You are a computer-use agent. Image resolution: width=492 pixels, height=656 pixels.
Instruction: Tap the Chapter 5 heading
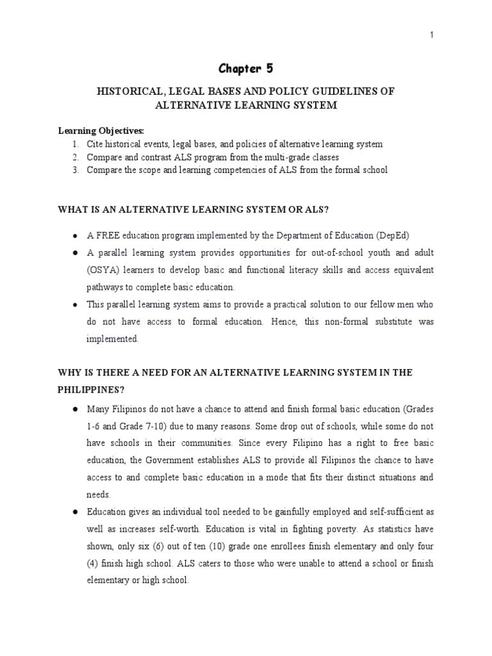tap(246, 69)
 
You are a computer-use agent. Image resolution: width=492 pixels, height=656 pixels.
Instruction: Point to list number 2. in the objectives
tap(75, 157)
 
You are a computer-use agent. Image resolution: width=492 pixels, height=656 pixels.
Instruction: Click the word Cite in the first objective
tap(95, 144)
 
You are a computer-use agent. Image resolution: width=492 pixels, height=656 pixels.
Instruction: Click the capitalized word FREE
tap(107, 233)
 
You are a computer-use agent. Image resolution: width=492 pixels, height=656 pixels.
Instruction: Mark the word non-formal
tap(344, 322)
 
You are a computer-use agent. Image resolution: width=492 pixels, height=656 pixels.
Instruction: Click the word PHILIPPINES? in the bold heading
tap(89, 389)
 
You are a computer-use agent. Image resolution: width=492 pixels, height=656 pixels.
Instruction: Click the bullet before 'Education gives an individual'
tap(75, 512)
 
